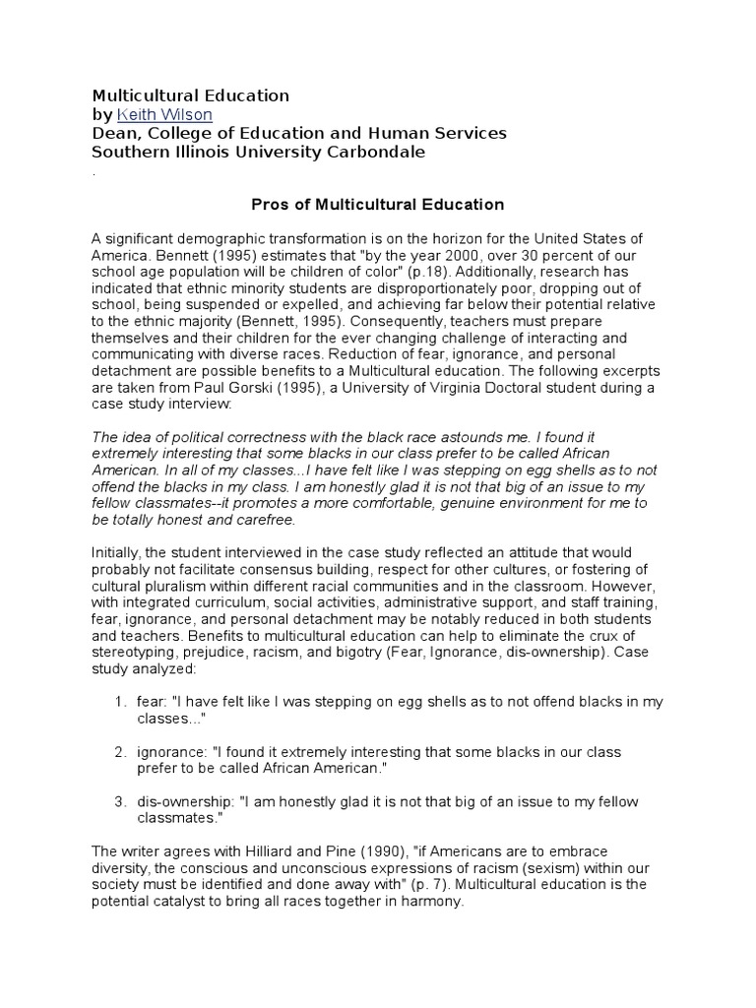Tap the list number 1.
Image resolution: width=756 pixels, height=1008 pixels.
tap(118, 701)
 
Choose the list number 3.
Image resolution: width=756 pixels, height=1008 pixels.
tap(118, 802)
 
